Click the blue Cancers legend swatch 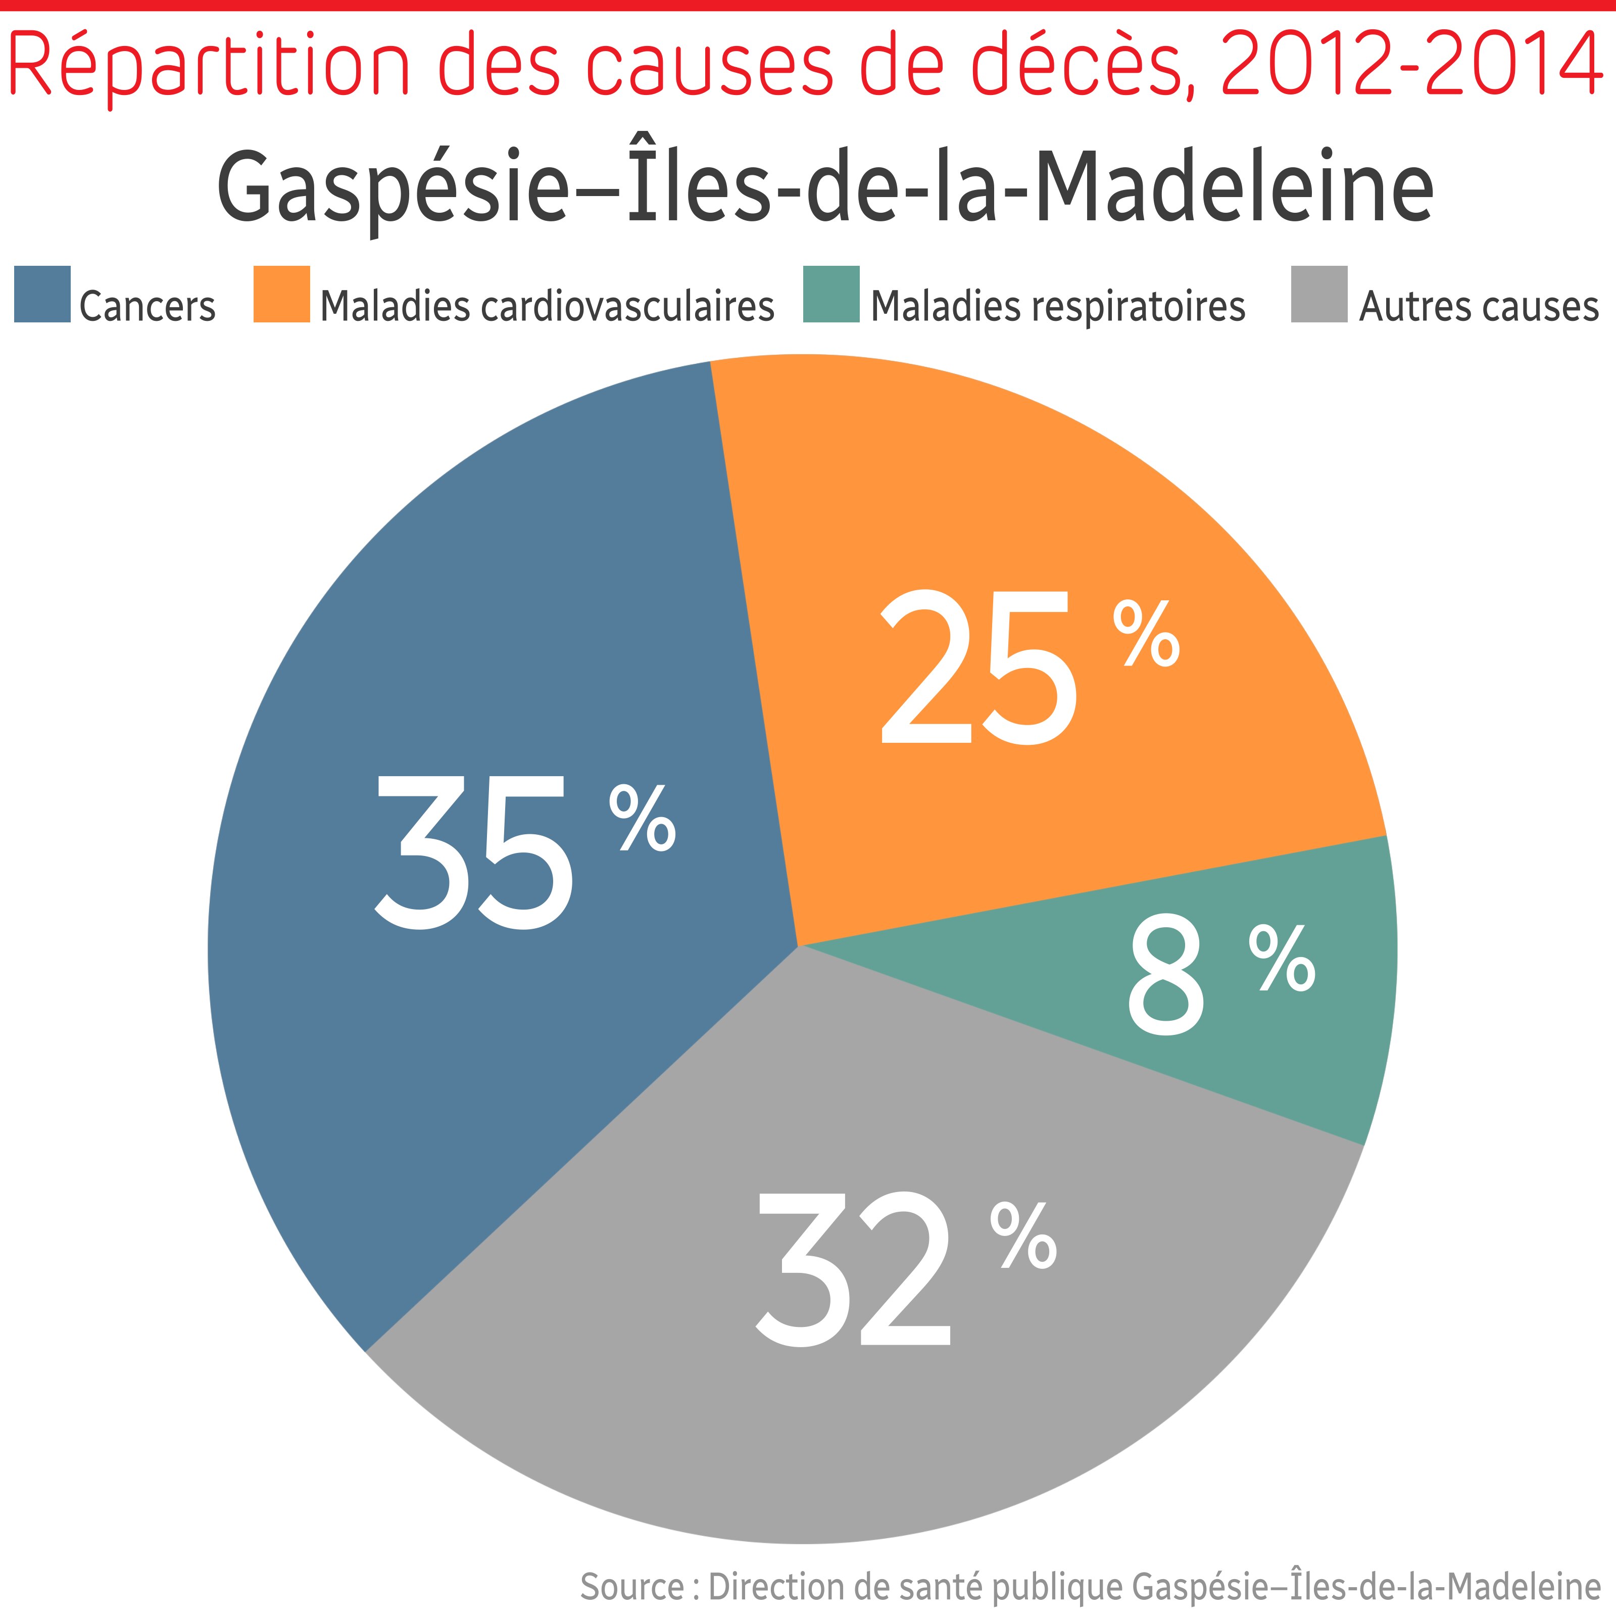click(x=42, y=294)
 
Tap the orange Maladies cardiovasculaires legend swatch click(x=281, y=294)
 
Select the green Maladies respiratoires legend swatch click(x=831, y=294)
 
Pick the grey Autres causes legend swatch click(x=1319, y=294)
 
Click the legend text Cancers click(x=148, y=306)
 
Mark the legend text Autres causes click(x=1478, y=306)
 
